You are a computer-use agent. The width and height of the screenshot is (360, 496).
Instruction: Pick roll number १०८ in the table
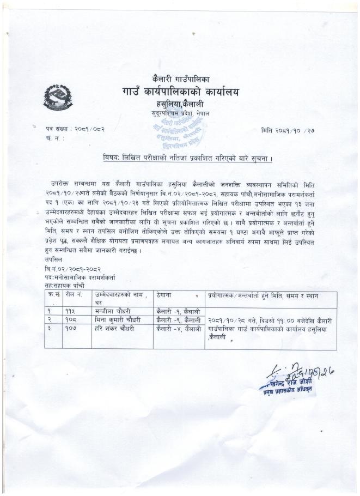click(70, 319)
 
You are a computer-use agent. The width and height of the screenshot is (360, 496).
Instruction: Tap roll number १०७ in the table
click(70, 328)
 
